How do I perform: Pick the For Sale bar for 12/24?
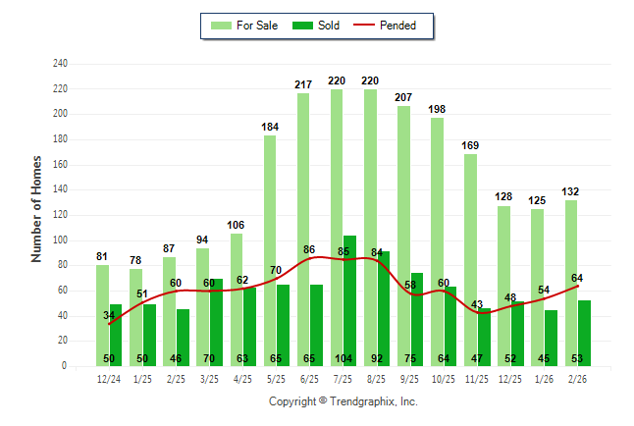click(102, 314)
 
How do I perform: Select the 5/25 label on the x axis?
click(276, 379)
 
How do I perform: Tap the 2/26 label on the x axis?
click(577, 379)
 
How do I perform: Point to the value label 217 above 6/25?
click(303, 85)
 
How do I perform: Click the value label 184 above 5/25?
click(270, 127)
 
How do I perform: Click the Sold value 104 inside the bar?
click(343, 358)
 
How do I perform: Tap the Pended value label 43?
click(478, 304)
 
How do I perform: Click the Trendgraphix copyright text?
click(343, 401)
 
